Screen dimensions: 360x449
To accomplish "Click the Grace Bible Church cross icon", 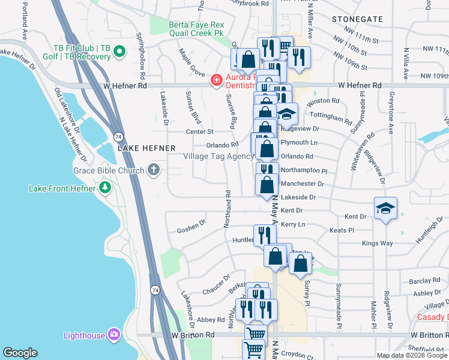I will click(154, 170).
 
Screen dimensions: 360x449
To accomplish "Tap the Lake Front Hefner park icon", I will click(106, 188).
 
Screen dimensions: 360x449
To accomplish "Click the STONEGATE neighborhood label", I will click(357, 19).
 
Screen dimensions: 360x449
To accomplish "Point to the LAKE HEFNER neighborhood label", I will click(146, 148).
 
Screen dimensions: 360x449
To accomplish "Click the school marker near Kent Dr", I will click(385, 208).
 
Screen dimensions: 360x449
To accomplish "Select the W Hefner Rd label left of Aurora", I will click(125, 86).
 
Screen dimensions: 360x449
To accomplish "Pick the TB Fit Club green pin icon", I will click(119, 52).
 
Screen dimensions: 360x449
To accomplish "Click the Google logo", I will click(20, 353).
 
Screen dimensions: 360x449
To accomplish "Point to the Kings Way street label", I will click(377, 244).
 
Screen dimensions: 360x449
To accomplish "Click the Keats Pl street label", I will click(342, 230).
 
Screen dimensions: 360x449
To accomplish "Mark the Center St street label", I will click(200, 131).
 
